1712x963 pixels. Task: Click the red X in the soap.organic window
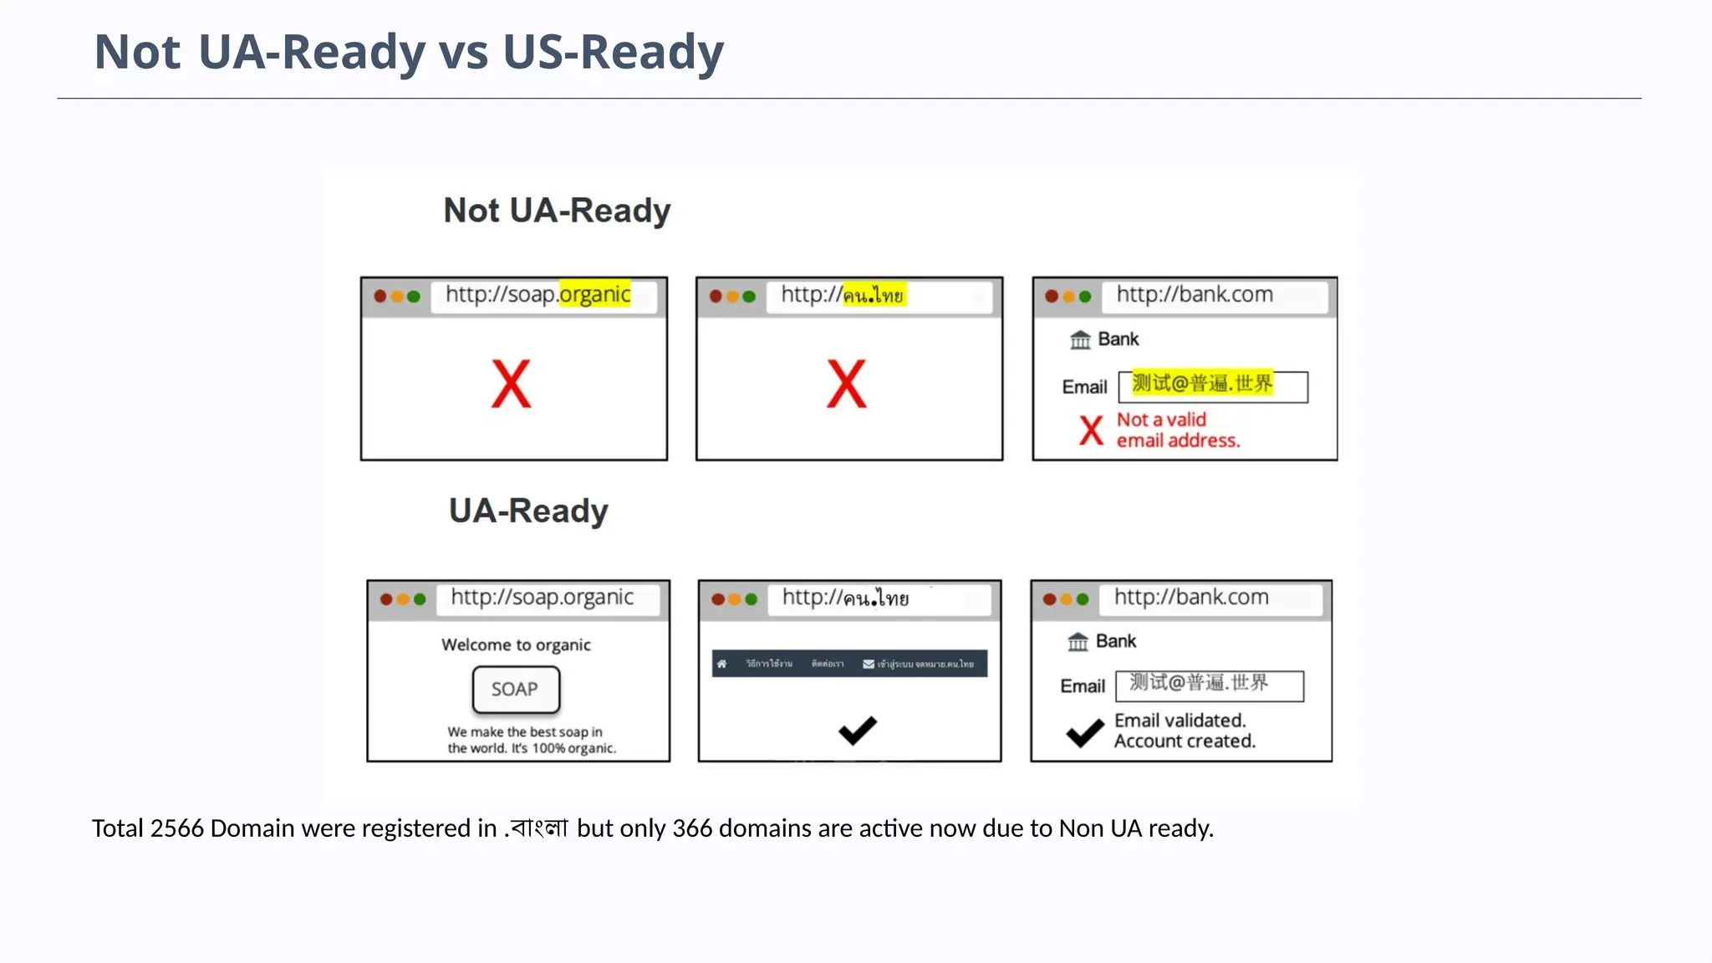click(511, 385)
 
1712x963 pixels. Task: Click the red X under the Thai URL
click(846, 385)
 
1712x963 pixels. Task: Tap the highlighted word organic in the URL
click(594, 294)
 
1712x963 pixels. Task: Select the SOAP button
click(516, 690)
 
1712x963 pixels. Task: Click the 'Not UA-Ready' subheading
click(557, 211)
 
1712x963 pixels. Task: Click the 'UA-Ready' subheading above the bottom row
click(528, 511)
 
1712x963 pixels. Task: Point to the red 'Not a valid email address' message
click(1177, 431)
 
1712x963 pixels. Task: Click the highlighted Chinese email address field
click(1211, 385)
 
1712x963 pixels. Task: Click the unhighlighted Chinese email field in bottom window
click(1209, 685)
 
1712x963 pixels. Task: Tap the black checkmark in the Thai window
click(858, 731)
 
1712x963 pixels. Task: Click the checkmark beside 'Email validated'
click(1084, 732)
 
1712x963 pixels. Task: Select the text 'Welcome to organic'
click(516, 645)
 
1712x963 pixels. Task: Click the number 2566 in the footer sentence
click(176, 828)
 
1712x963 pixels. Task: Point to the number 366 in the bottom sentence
click(692, 828)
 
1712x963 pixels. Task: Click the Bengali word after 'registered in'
click(539, 828)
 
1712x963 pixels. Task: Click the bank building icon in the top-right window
click(1080, 339)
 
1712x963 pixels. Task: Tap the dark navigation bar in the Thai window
click(849, 664)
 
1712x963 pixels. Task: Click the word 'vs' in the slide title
click(464, 52)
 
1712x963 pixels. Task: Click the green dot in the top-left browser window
click(413, 297)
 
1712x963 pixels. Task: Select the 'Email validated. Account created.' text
click(1184, 731)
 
